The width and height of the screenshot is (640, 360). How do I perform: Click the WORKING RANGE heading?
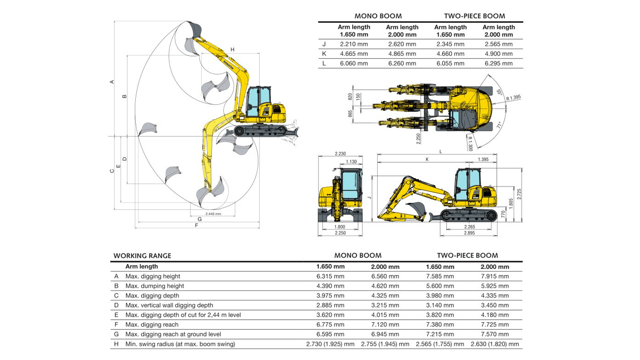tap(142, 256)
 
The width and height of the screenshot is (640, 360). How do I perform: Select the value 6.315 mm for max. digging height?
tap(330, 276)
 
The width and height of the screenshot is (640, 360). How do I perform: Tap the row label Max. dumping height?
tap(155, 286)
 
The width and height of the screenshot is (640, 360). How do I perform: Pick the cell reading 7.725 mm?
tap(495, 325)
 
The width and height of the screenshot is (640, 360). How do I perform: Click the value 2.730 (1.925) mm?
tap(330, 344)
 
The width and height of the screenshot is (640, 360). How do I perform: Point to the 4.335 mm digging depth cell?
tap(495, 296)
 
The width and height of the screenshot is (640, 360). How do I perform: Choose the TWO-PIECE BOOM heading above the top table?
tap(474, 16)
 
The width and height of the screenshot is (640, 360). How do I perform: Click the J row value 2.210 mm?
tap(354, 44)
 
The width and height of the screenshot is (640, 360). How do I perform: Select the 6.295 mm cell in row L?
tap(499, 63)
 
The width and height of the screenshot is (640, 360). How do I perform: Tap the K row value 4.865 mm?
tap(402, 54)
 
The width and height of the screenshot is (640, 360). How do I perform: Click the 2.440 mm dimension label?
tap(213, 214)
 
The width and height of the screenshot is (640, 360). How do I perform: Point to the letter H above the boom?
tap(232, 50)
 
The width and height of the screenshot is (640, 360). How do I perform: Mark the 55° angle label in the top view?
tap(499, 92)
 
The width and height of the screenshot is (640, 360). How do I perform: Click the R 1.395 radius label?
tap(513, 98)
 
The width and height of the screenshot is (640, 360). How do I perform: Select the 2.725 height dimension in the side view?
tap(519, 194)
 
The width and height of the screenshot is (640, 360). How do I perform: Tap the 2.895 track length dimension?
tap(469, 233)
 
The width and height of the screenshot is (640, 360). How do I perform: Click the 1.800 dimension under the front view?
tap(340, 227)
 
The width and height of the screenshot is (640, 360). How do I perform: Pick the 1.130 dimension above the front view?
tap(351, 162)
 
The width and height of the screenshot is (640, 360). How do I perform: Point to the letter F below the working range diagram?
tap(197, 225)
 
